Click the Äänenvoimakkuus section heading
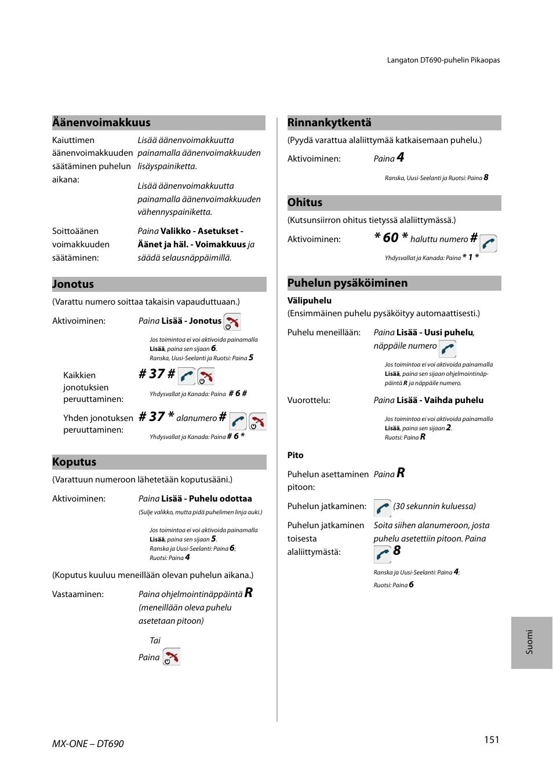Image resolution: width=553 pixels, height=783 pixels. click(x=101, y=123)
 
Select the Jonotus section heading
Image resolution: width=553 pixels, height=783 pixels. click(x=73, y=284)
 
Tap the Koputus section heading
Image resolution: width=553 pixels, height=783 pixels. click(x=74, y=462)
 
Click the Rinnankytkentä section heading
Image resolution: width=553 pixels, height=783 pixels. click(x=329, y=123)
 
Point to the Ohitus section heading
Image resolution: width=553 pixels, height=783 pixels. click(x=305, y=203)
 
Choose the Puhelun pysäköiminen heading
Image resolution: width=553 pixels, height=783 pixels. click(x=347, y=283)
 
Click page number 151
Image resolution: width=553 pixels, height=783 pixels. click(x=492, y=740)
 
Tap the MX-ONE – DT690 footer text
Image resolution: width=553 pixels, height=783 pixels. click(x=88, y=744)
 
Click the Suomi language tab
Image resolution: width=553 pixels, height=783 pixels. click(x=530, y=642)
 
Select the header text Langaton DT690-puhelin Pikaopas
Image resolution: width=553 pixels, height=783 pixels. click(x=443, y=60)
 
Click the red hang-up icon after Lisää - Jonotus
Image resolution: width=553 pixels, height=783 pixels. click(x=232, y=322)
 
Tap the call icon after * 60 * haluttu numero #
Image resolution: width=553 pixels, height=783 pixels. click(x=489, y=243)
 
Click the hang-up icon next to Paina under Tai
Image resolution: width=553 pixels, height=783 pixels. click(x=172, y=657)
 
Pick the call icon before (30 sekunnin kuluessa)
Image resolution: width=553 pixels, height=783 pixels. click(x=383, y=508)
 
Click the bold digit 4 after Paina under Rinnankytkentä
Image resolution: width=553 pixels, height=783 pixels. click(x=401, y=158)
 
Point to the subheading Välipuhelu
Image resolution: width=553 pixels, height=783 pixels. click(x=310, y=301)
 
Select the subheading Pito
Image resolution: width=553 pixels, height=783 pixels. click(x=296, y=455)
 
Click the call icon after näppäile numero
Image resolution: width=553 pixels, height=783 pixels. click(x=448, y=349)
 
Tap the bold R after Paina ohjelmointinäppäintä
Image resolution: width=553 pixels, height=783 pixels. click(x=249, y=592)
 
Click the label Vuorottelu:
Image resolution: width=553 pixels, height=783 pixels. click(x=309, y=400)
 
